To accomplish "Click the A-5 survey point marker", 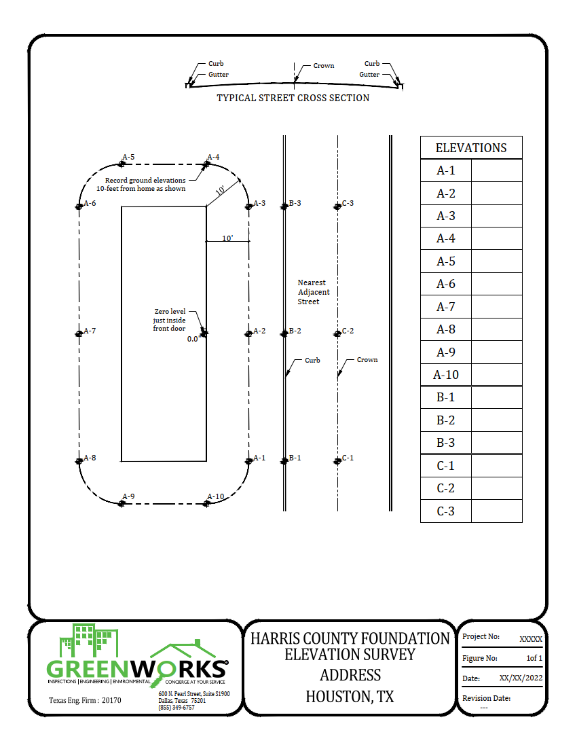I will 122,164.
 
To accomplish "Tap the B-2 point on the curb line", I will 285,333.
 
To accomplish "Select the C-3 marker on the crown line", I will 337,206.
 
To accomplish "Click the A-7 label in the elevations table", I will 445,307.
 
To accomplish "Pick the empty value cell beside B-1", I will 496,397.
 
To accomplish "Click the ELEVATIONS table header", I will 471,148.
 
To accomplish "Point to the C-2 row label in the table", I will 445,488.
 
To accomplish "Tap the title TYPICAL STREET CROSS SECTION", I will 293,98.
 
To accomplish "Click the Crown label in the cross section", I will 324,66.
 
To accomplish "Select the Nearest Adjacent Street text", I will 313,292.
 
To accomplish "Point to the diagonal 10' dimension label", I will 221,191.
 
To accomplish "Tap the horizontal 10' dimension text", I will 227,238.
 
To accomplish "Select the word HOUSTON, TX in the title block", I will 350,697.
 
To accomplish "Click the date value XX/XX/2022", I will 521,678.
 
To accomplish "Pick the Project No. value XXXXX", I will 530,639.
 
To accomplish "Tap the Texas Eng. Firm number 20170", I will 111,700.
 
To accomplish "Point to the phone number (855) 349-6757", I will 176,708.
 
